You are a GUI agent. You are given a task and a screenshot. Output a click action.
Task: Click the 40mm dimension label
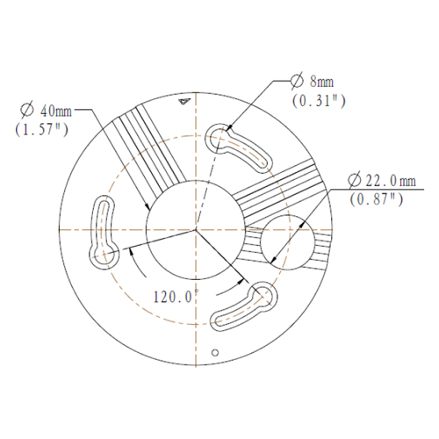coord(56,111)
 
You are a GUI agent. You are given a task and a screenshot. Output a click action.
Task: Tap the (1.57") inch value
coord(41,129)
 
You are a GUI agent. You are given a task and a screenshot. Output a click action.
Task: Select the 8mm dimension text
coord(321,81)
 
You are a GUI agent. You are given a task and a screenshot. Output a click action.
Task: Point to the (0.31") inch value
coord(319,101)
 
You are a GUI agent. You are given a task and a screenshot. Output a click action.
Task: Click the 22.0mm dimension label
coord(391,180)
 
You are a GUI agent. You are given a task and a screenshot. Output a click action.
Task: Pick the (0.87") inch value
coord(377,199)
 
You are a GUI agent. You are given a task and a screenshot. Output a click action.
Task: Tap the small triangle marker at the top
coord(184,102)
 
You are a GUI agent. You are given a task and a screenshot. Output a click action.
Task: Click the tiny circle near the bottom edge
coord(215,353)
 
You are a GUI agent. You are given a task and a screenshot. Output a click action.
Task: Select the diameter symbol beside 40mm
coord(27,110)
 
